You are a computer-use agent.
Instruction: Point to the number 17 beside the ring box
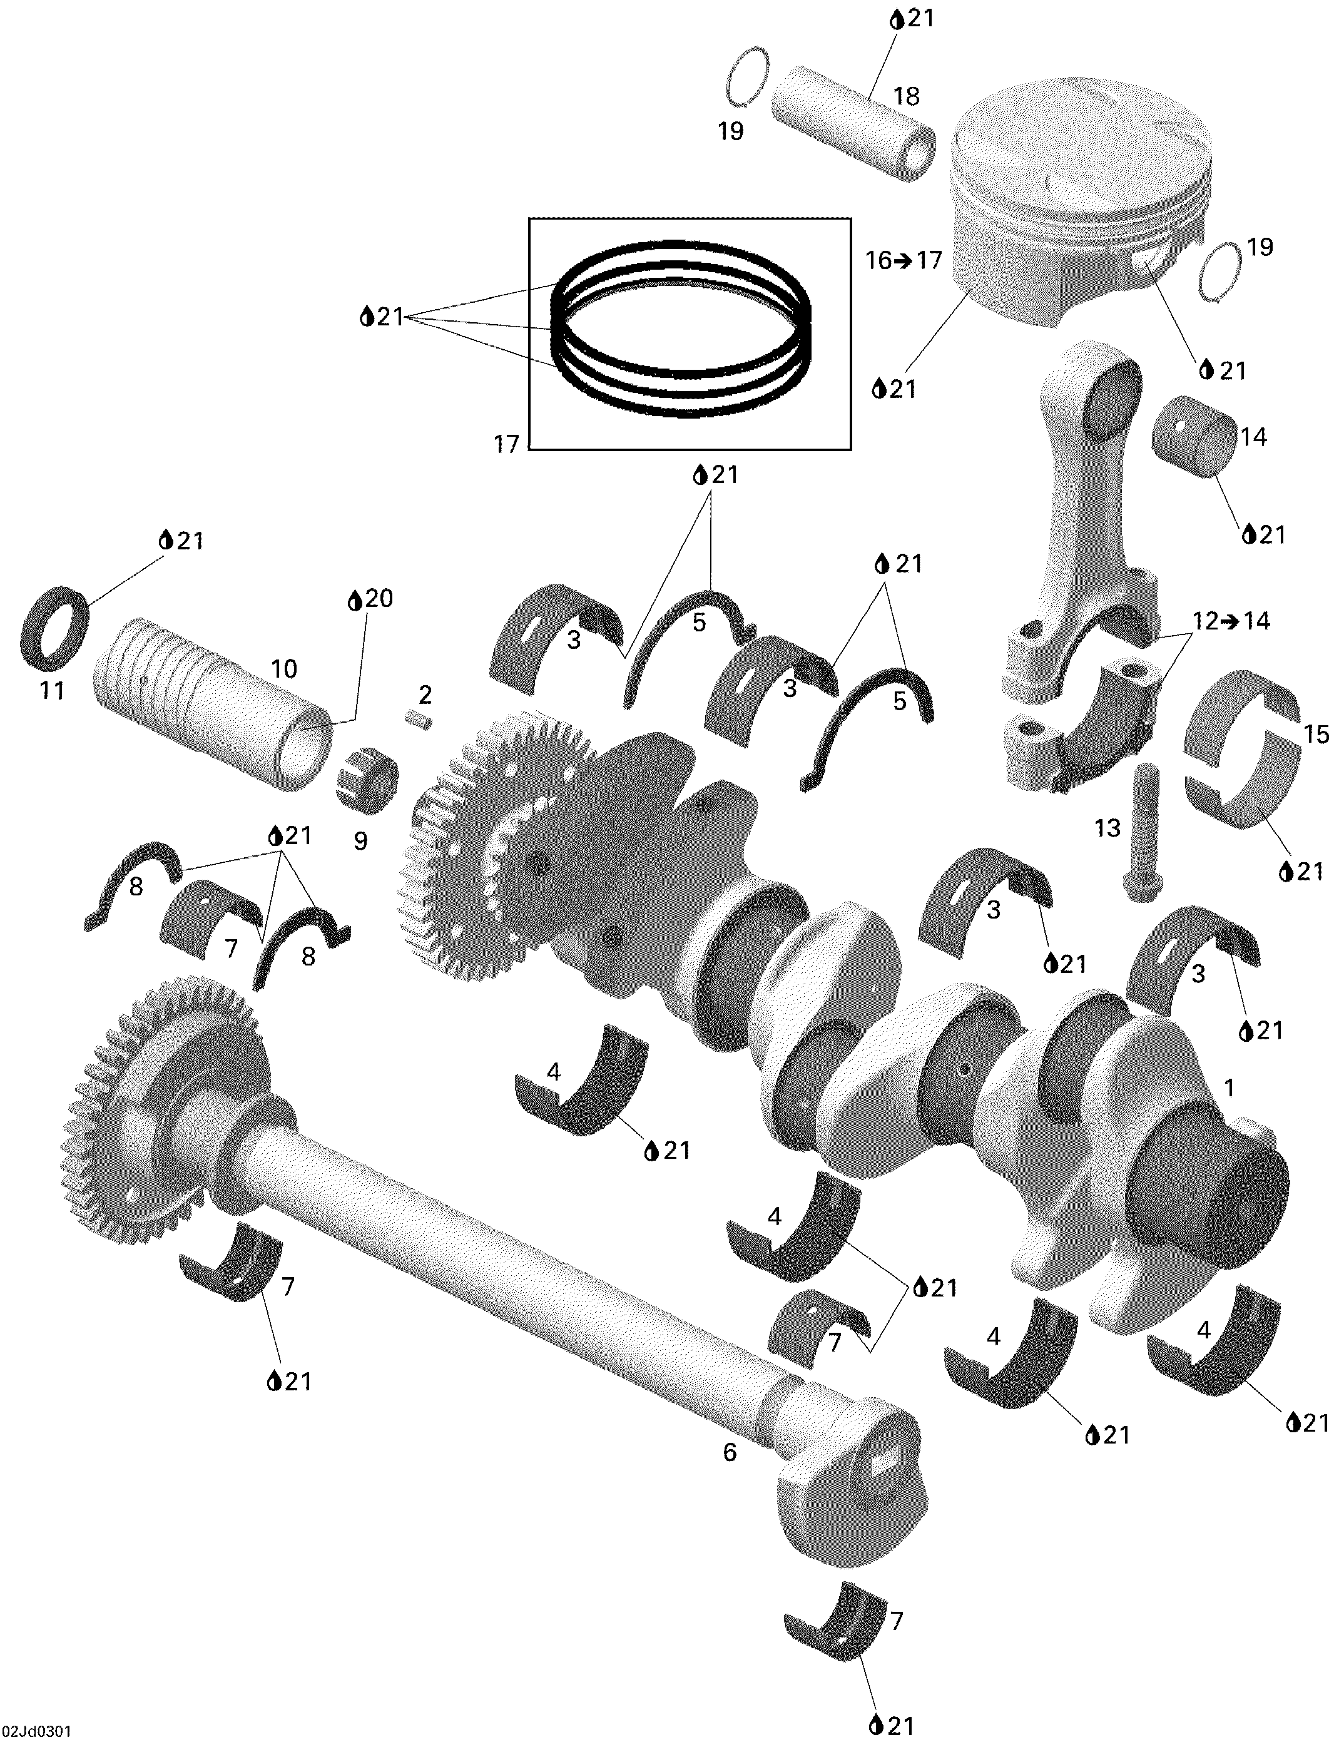(506, 445)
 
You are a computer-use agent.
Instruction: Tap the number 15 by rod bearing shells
(1316, 734)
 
